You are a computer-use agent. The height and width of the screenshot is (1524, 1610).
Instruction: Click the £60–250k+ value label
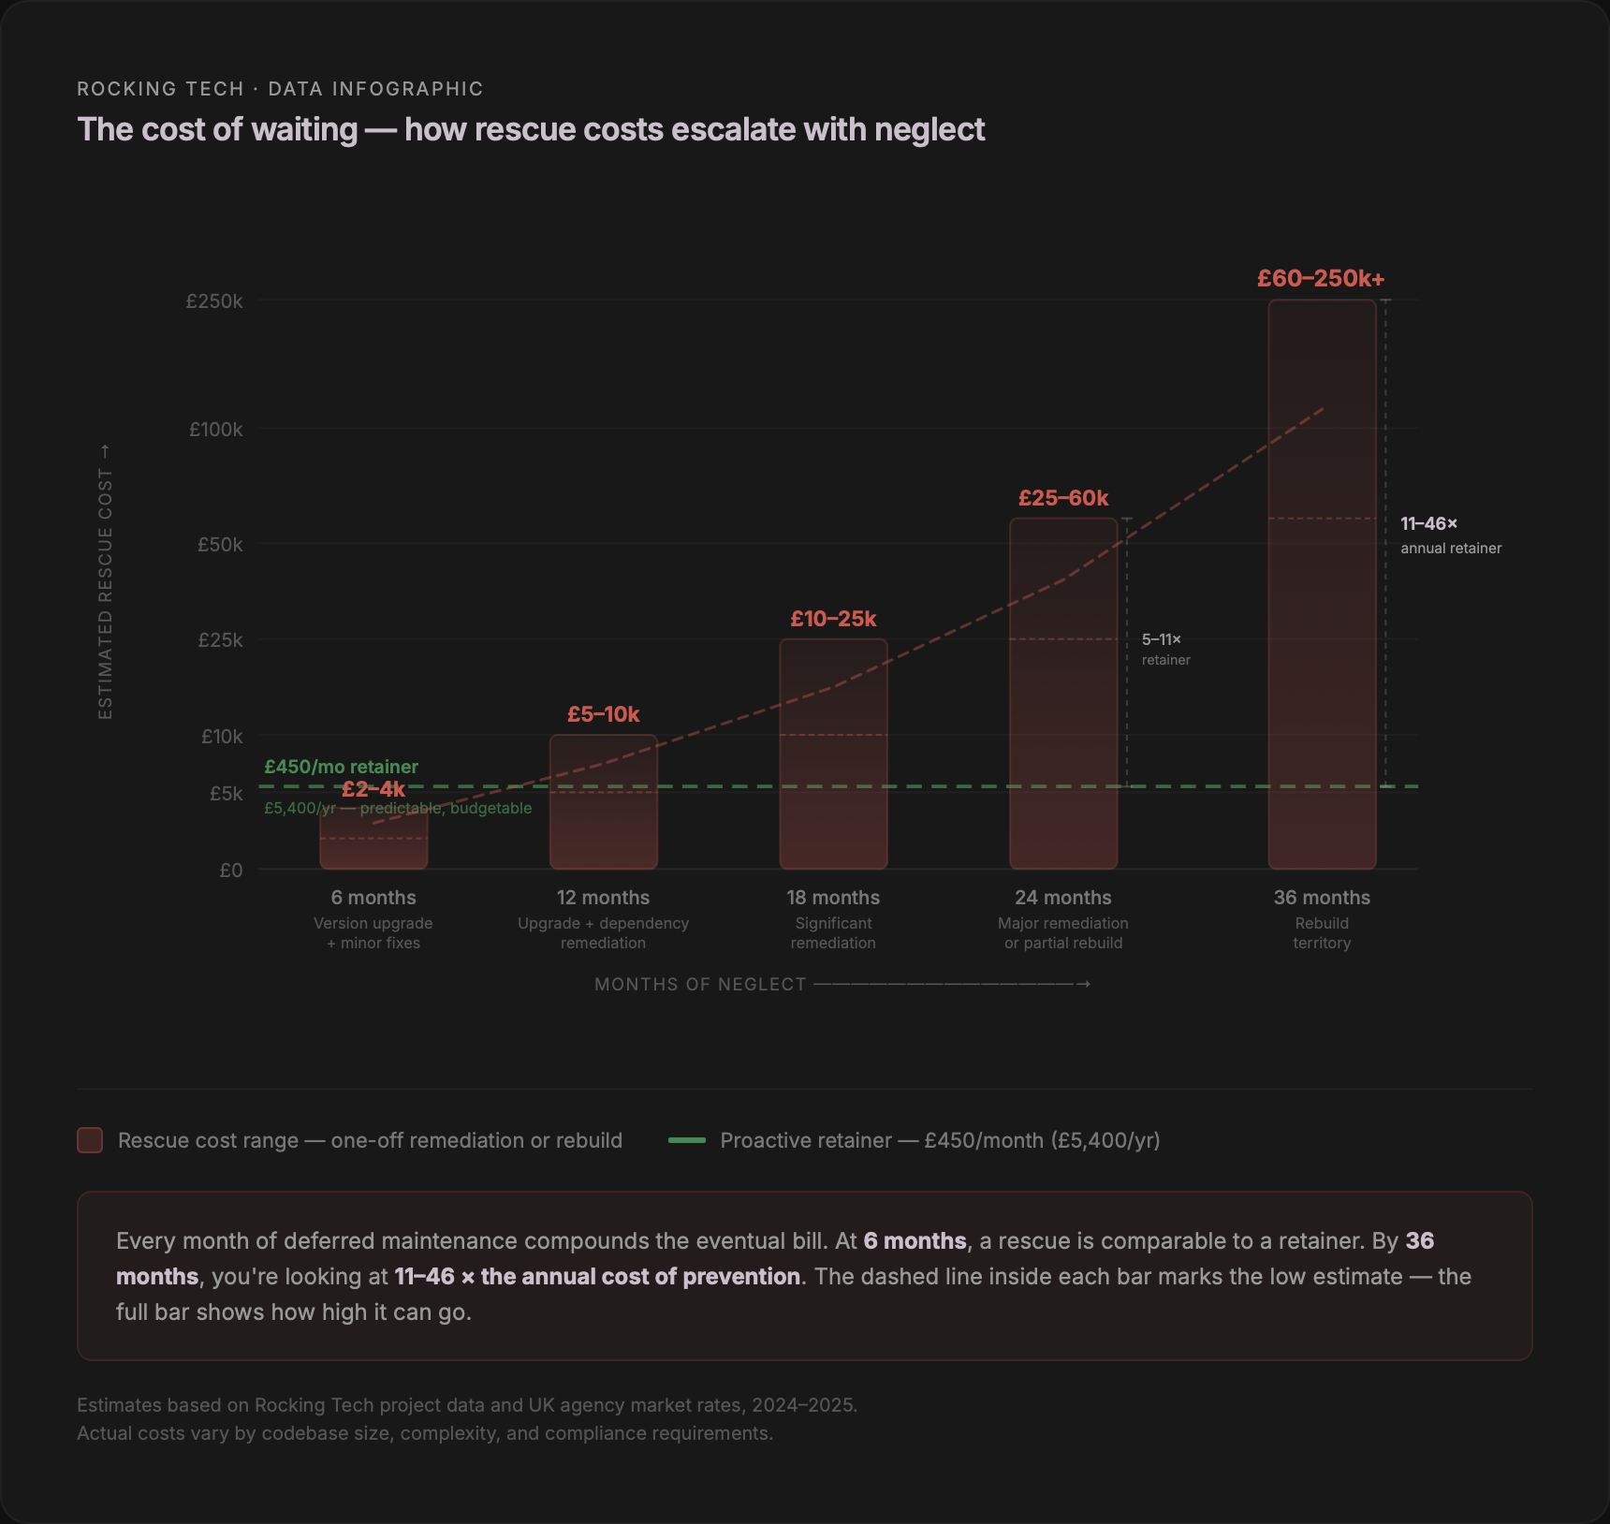click(1320, 279)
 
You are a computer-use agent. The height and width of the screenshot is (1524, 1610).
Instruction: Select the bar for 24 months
click(1063, 693)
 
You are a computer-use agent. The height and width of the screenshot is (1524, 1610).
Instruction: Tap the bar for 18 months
click(833, 754)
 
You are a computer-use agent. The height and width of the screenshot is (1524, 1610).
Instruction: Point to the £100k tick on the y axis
click(215, 430)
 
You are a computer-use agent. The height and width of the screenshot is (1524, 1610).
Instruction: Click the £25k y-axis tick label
click(220, 640)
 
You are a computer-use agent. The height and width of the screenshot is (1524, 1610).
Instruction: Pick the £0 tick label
click(230, 871)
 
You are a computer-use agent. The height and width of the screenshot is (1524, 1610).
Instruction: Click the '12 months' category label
click(603, 898)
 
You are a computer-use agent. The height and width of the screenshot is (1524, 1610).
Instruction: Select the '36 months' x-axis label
click(1321, 898)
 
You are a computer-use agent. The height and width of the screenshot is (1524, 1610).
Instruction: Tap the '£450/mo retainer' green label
click(341, 767)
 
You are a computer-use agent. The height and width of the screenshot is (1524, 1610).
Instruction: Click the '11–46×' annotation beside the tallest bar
click(1428, 524)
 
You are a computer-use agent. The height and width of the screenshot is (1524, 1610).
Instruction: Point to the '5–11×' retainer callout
click(1161, 639)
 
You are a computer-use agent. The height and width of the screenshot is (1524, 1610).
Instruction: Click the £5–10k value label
click(603, 714)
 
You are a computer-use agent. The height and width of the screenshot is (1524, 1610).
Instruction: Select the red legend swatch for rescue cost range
click(90, 1140)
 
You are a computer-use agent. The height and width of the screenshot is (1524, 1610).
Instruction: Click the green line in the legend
click(686, 1140)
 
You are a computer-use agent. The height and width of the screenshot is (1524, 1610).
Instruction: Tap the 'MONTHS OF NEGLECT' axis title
click(700, 985)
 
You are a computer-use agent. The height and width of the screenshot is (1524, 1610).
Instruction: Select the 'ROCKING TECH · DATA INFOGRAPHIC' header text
click(280, 89)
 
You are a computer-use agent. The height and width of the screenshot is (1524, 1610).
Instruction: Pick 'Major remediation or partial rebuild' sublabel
click(1063, 933)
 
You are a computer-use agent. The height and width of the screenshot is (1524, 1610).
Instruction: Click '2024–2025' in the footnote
click(802, 1405)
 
